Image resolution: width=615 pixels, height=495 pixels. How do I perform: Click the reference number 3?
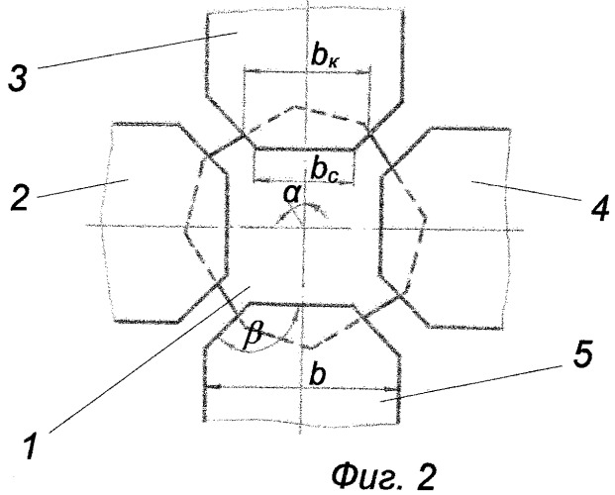(x=19, y=77)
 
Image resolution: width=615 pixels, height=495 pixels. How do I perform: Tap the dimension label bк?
(x=325, y=57)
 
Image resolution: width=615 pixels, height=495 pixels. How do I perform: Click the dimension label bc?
(x=325, y=171)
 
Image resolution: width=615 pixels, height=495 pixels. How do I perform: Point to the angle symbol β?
(x=252, y=336)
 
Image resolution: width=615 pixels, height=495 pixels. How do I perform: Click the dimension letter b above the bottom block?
(x=317, y=374)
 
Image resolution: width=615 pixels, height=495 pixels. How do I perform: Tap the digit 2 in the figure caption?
(x=425, y=476)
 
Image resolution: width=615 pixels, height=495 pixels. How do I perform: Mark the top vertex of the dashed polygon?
(x=295, y=105)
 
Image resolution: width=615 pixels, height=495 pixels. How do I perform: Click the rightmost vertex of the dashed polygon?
(x=426, y=217)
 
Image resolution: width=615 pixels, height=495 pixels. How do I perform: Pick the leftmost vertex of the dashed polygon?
(x=184, y=231)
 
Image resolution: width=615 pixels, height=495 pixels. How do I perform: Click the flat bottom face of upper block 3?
(x=305, y=148)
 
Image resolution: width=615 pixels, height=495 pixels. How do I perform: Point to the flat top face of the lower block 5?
(x=301, y=303)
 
